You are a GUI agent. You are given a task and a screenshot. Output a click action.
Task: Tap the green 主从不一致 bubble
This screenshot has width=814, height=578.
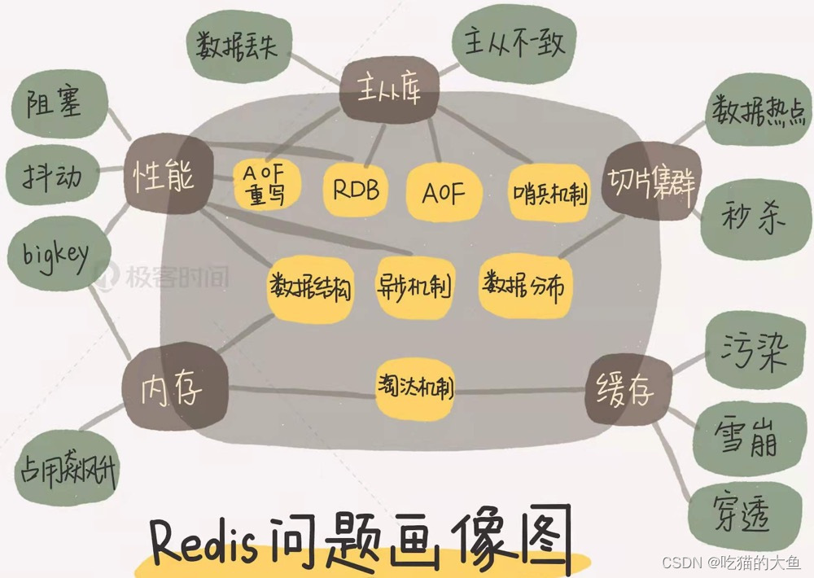[515, 43]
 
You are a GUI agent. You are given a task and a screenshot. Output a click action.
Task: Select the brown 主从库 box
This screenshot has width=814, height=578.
[389, 91]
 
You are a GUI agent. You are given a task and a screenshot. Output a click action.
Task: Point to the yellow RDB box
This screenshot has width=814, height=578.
[356, 190]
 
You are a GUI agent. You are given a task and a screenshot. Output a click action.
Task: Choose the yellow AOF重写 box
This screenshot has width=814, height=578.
[267, 184]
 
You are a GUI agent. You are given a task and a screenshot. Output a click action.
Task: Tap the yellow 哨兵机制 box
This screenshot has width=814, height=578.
[549, 192]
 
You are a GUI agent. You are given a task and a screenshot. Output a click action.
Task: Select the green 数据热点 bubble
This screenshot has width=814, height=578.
[750, 112]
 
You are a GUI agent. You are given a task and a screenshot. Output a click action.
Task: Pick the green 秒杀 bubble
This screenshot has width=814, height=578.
[749, 217]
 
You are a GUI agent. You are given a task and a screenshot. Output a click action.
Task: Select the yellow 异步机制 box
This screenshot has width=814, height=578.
[415, 285]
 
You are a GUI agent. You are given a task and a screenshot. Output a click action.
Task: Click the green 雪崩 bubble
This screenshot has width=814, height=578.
[744, 440]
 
